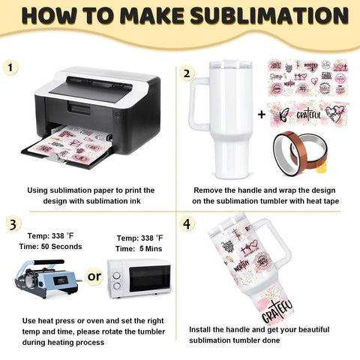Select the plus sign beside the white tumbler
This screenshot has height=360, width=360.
tap(261, 115)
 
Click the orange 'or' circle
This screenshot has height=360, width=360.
tap(94, 277)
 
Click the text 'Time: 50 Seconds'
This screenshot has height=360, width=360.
tap(51, 247)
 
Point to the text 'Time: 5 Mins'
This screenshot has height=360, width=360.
tap(141, 248)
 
